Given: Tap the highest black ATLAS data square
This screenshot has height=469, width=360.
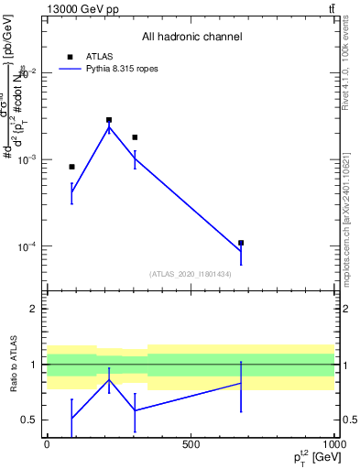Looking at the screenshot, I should pyautogui.click(x=109, y=120).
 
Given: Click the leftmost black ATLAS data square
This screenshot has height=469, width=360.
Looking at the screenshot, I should pyautogui.click(x=71, y=167).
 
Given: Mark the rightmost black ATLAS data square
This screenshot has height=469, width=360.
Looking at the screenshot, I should pyautogui.click(x=241, y=243).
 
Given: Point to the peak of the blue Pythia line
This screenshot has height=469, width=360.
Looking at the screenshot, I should pyautogui.click(x=109, y=127).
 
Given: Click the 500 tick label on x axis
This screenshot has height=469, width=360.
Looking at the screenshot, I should pyautogui.click(x=191, y=445).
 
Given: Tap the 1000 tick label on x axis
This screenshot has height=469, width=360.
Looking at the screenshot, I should pyautogui.click(x=334, y=445).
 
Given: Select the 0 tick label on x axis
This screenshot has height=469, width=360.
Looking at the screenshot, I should pyautogui.click(x=47, y=445).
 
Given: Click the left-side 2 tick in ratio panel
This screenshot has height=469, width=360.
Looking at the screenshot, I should pyautogui.click(x=34, y=309).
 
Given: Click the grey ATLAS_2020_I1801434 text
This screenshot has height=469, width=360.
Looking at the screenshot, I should pyautogui.click(x=191, y=274).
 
